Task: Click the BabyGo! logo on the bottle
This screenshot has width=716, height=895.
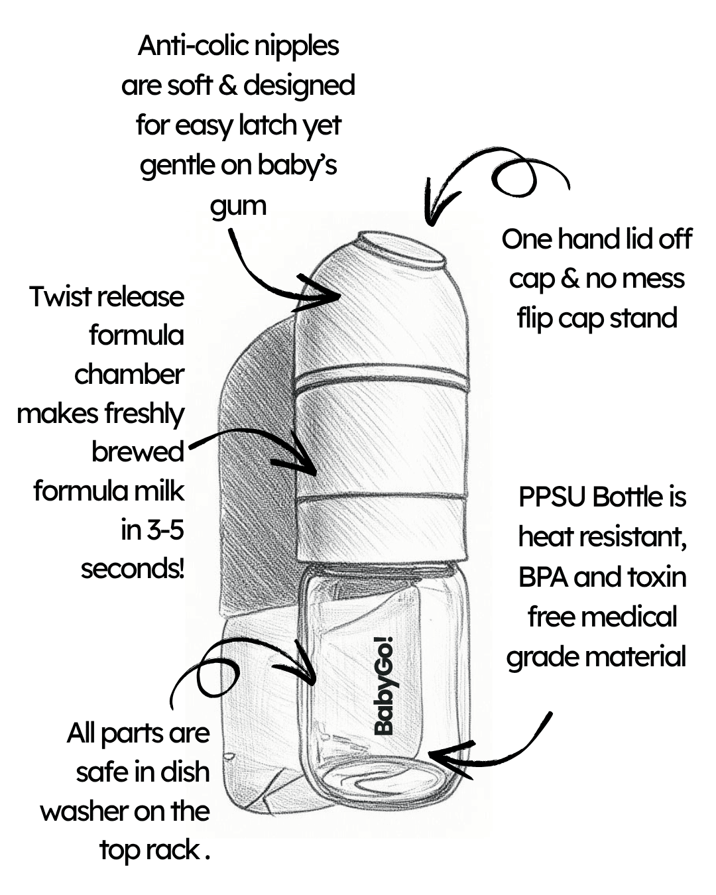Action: (384, 686)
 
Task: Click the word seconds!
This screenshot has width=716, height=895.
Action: (133, 569)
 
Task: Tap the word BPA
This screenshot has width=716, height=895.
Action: (543, 577)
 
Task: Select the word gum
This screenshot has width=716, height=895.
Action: (238, 206)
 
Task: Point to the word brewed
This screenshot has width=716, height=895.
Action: (138, 452)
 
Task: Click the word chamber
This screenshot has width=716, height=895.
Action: (129, 375)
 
